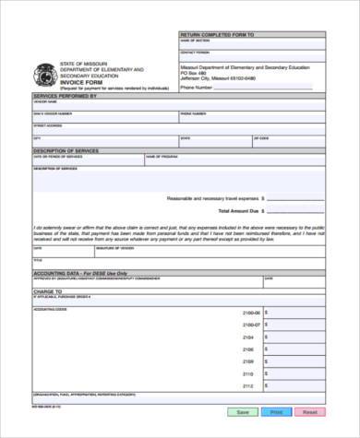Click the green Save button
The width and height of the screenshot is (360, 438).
(243, 412)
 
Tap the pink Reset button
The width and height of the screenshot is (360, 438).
(309, 412)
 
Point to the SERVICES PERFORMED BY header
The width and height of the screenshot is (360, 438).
(65, 95)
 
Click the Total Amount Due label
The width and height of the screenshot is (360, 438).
(232, 211)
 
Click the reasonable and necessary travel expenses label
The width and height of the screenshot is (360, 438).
(212, 197)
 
